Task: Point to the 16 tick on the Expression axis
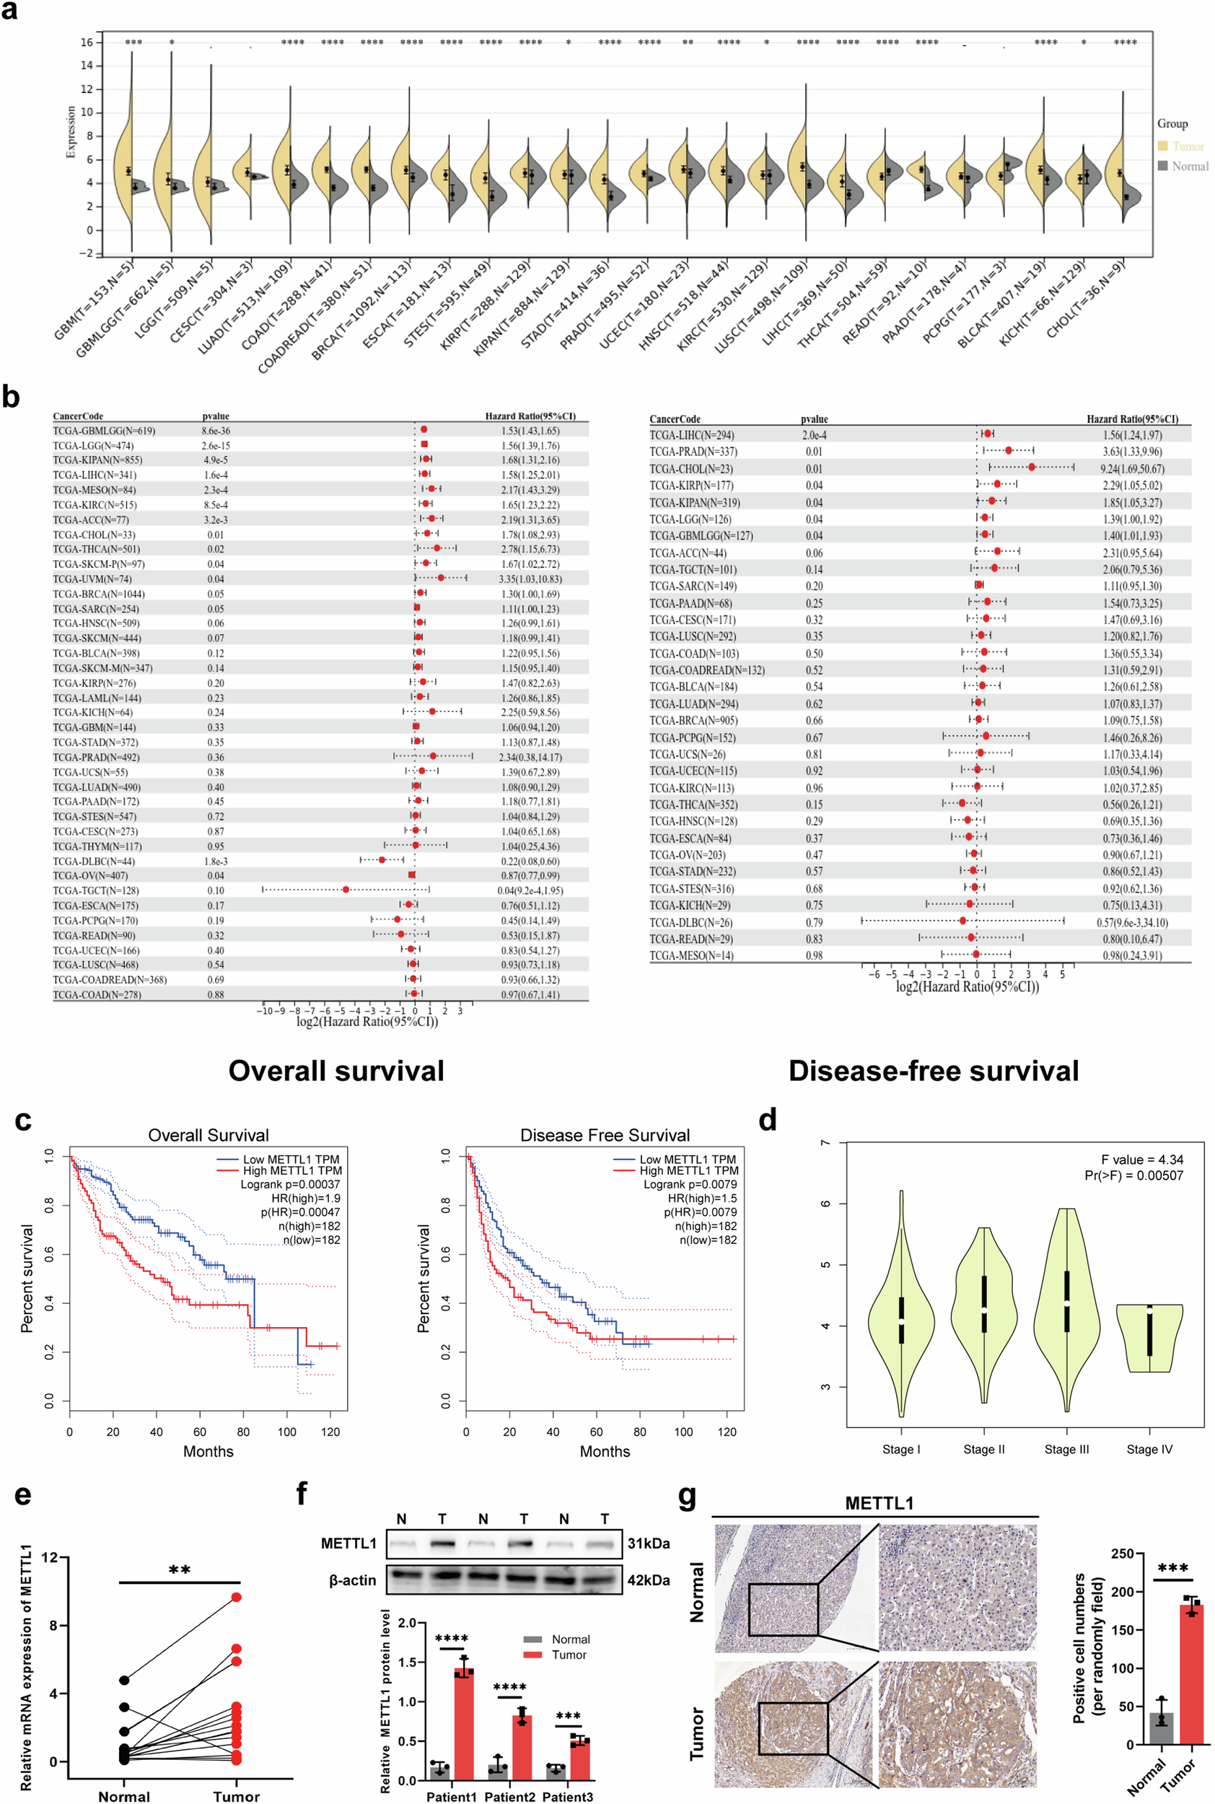point(87,43)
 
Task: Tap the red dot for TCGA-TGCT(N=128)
point(346,890)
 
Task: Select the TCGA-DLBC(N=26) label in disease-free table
point(690,922)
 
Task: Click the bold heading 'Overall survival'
point(335,1070)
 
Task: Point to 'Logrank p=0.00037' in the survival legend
point(290,1184)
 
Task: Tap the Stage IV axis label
point(1149,1449)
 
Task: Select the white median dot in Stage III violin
point(1067,1304)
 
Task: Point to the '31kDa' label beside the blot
point(648,1543)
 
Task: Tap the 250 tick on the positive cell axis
point(1122,1554)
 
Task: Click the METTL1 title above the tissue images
point(879,1502)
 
